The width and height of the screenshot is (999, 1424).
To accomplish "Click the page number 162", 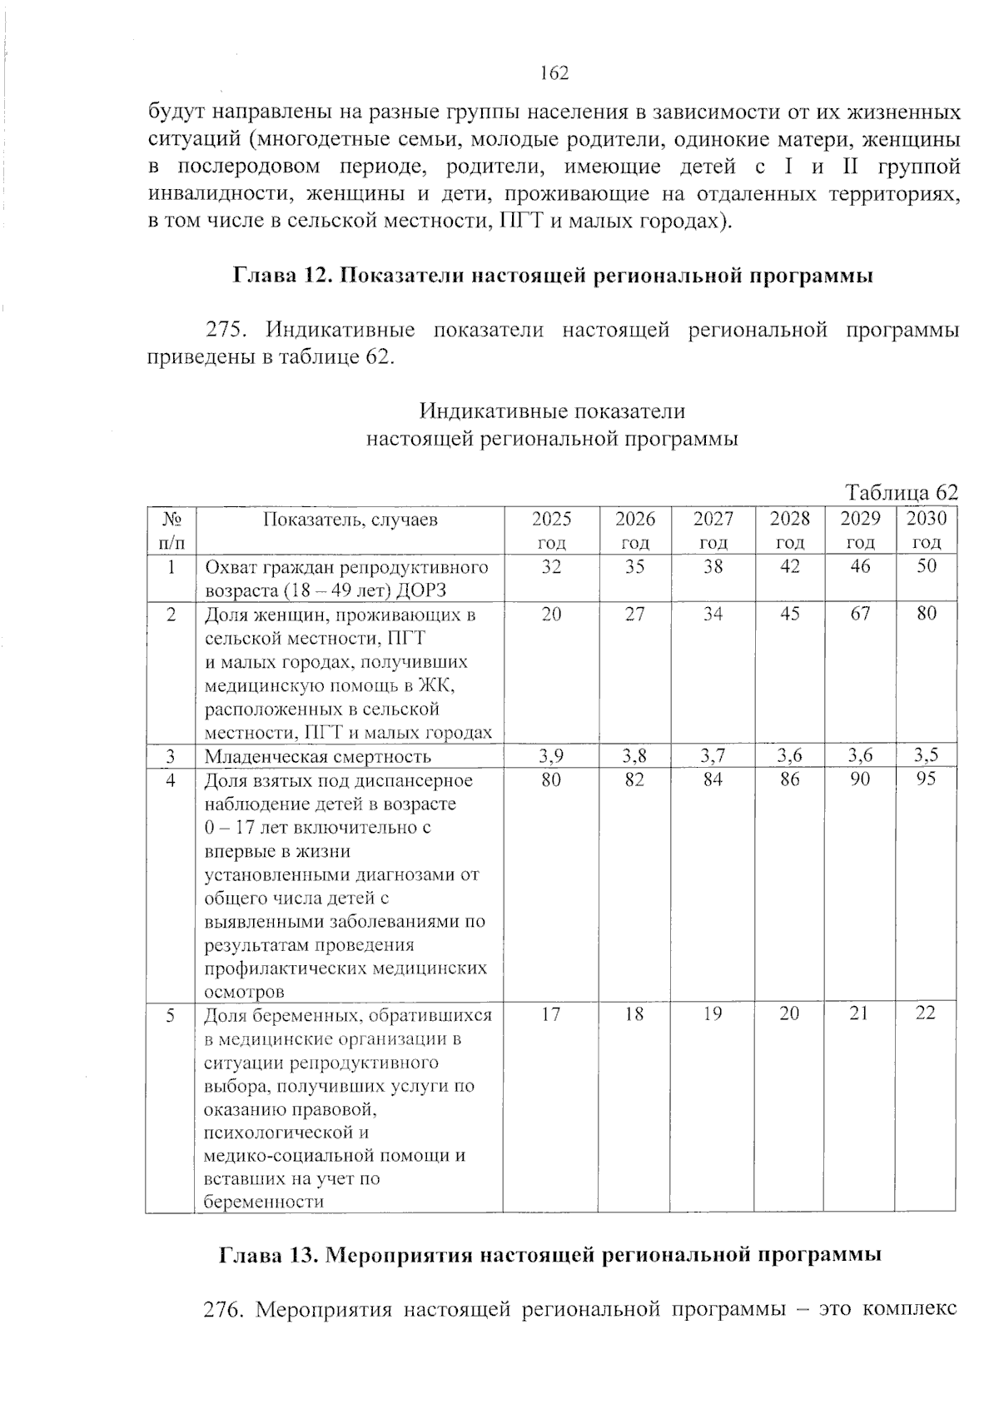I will (x=554, y=74).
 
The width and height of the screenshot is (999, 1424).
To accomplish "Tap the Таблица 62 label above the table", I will (x=902, y=491).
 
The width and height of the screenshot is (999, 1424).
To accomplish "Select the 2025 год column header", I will (x=551, y=530).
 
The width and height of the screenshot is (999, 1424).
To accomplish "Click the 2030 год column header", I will (x=926, y=530).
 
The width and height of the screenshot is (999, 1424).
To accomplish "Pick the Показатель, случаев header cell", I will (x=350, y=520).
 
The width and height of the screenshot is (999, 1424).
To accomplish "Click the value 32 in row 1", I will (x=551, y=567).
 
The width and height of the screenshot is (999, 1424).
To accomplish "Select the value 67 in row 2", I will (x=860, y=614).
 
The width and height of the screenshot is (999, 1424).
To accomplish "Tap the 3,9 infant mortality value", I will (x=551, y=756).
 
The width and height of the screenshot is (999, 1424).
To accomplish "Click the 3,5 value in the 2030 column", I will (x=926, y=756).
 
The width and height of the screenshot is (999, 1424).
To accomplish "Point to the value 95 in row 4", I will (x=926, y=779).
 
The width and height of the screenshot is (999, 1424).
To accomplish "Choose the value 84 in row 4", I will (x=713, y=779).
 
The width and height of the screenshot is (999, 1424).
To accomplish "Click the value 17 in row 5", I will (x=551, y=1013).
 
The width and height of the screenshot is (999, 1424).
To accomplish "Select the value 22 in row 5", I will (x=926, y=1013).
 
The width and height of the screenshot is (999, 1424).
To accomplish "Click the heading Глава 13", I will (x=550, y=1255).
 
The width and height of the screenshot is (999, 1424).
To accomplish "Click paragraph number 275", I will (x=224, y=331).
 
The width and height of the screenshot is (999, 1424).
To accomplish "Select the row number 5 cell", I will (x=170, y=1015).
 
